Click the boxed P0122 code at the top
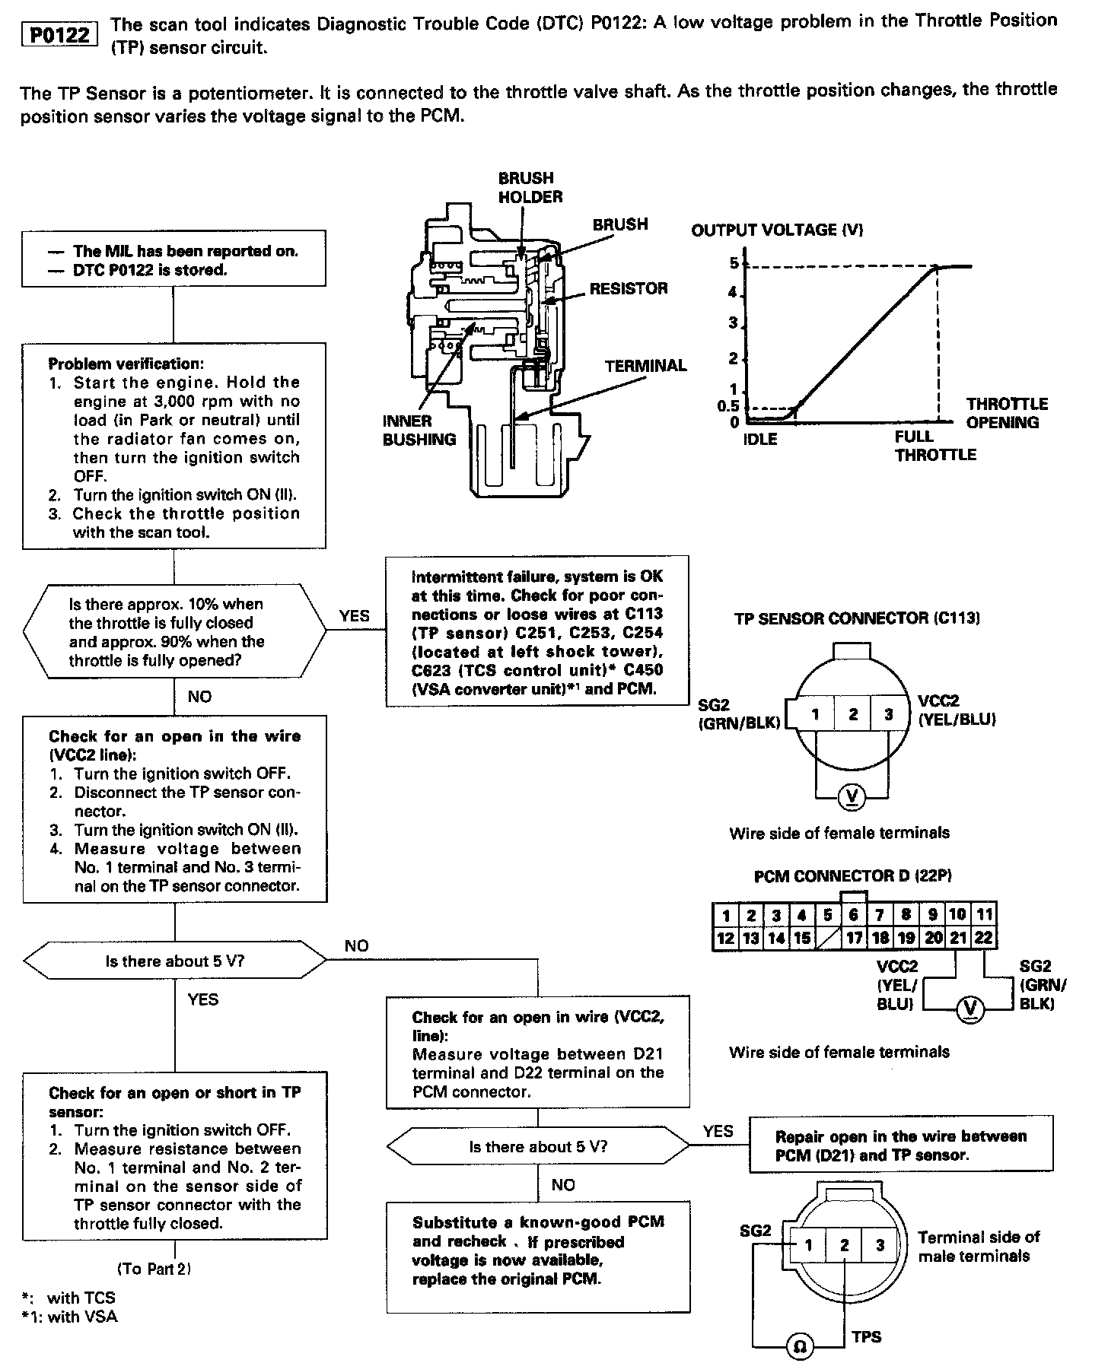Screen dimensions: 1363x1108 60,35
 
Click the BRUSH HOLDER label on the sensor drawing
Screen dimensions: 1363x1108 530,187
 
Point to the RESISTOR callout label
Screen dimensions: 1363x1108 628,288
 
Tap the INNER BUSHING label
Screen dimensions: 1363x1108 419,430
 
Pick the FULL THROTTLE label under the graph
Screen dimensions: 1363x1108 934,446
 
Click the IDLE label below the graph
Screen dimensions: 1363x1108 759,440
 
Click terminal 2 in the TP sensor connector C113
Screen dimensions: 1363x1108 852,714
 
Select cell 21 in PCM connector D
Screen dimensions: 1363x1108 958,938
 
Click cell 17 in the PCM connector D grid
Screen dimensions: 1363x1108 854,938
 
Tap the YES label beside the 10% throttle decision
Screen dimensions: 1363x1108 354,616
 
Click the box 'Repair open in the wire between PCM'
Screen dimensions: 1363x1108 900,1145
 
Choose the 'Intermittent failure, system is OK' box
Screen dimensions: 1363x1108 537,633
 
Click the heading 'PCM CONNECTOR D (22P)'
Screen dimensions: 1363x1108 852,876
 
